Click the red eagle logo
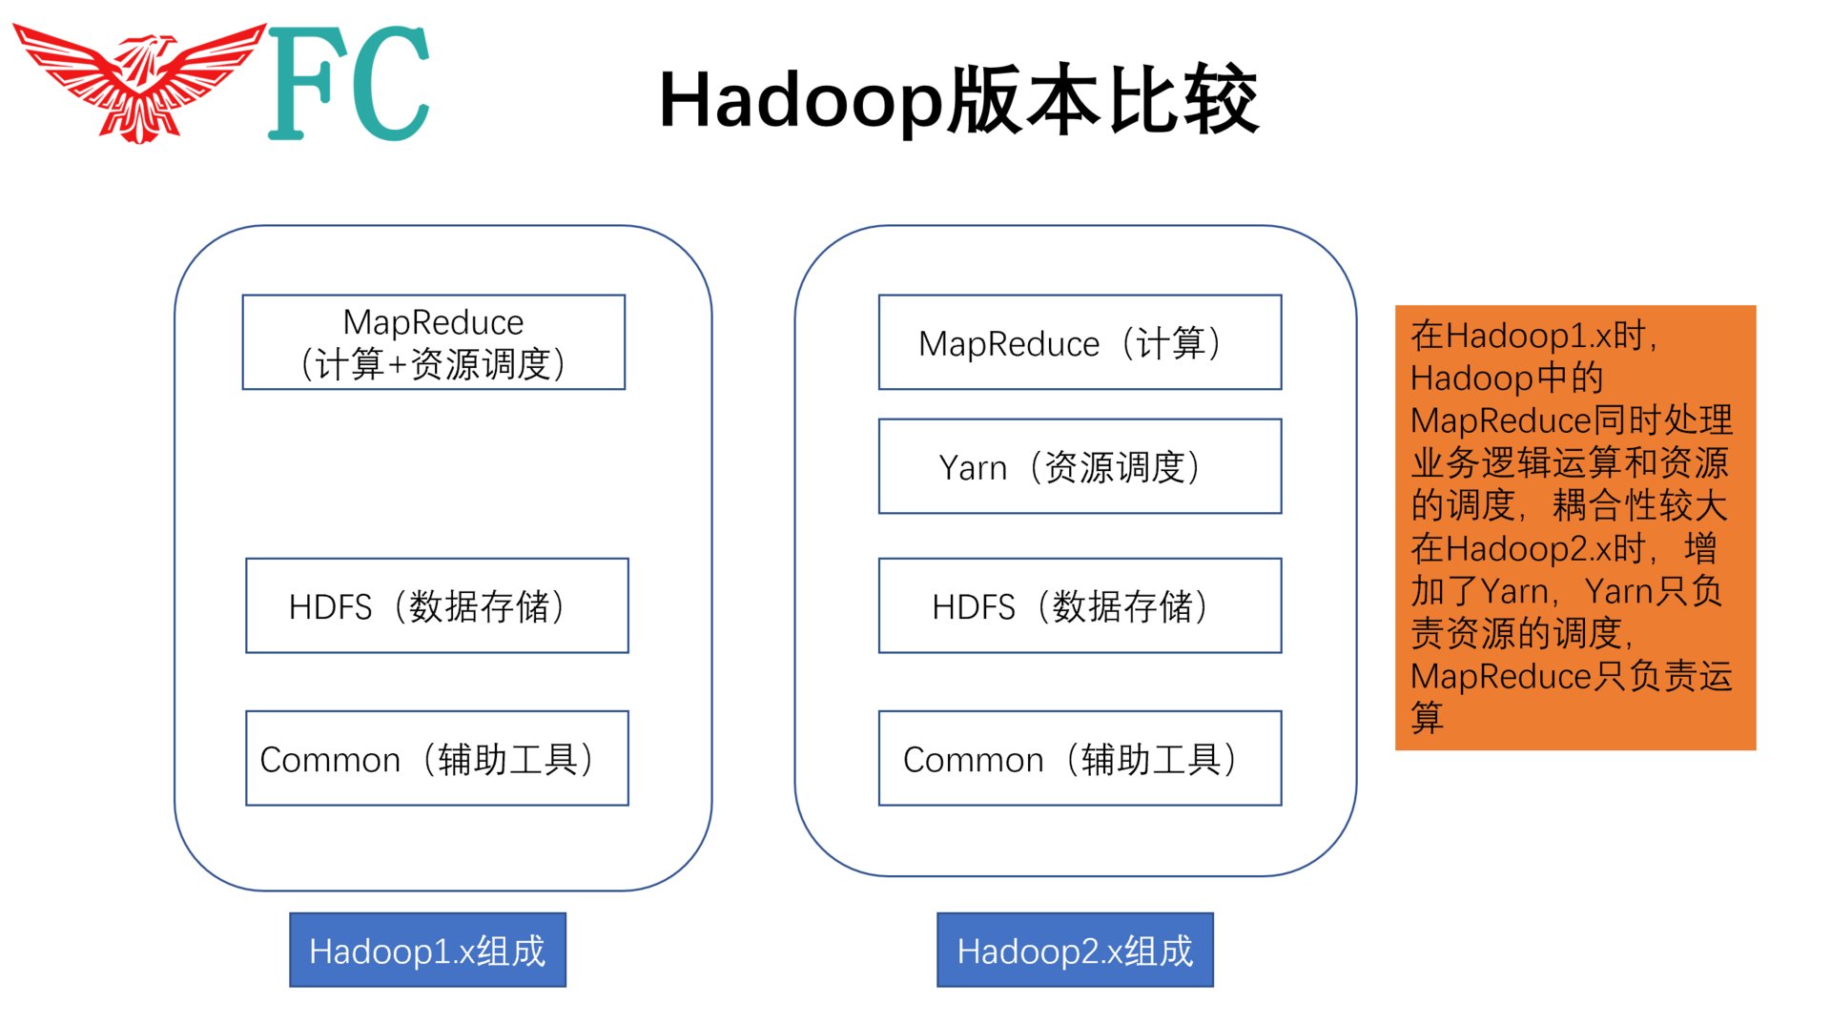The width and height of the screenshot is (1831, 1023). (x=141, y=84)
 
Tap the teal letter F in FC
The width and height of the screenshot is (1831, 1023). (x=300, y=84)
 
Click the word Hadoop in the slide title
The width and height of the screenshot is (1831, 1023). (x=799, y=100)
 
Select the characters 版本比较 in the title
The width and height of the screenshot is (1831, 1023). (x=1102, y=100)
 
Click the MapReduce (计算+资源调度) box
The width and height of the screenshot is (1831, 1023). (x=434, y=342)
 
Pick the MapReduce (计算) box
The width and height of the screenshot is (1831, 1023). (x=1080, y=342)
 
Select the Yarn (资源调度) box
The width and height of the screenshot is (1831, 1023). (x=1080, y=466)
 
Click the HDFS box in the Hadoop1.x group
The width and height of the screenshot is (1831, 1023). (x=437, y=605)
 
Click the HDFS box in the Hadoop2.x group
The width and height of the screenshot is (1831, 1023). (x=1080, y=605)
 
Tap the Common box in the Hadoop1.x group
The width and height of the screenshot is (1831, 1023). (x=437, y=758)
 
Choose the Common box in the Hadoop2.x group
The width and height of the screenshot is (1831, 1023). (x=1080, y=758)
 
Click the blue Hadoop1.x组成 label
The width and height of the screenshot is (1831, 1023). (x=427, y=951)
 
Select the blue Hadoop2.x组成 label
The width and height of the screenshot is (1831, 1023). (x=1075, y=951)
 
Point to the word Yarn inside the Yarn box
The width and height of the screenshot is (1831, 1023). (x=972, y=468)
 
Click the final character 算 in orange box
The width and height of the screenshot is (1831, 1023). (x=1427, y=718)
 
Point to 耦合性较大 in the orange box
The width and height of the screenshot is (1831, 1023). (x=1639, y=506)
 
